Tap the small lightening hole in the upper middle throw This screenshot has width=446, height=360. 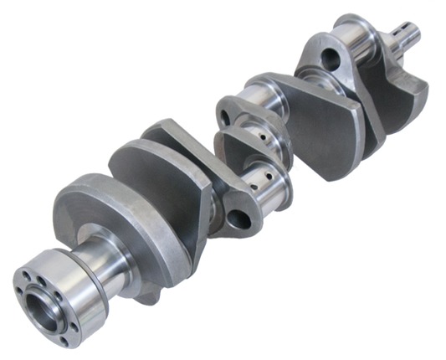[x=223, y=108]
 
